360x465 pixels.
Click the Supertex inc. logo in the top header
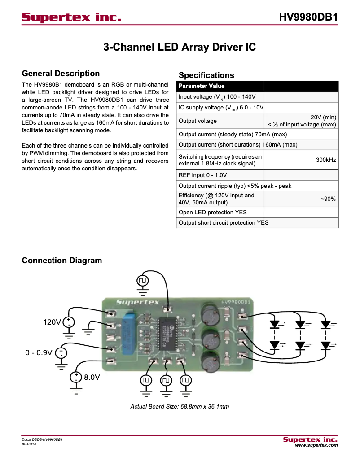72,17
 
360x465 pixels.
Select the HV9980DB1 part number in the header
308,17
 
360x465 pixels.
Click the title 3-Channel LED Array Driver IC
180,47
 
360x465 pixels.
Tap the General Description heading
61,74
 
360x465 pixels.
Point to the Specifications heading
206,75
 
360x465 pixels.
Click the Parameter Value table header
202,86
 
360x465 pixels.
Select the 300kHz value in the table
326,160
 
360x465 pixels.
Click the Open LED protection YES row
212,212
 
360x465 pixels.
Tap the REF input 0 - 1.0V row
202,175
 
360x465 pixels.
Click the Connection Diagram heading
62,261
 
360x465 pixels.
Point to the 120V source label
52,322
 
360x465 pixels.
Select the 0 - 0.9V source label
39,352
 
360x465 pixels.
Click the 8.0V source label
92,378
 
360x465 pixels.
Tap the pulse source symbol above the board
143,281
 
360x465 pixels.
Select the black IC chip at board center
166,335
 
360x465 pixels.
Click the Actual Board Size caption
180,407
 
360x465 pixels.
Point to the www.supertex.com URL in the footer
316,445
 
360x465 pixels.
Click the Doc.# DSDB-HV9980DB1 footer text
42,440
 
